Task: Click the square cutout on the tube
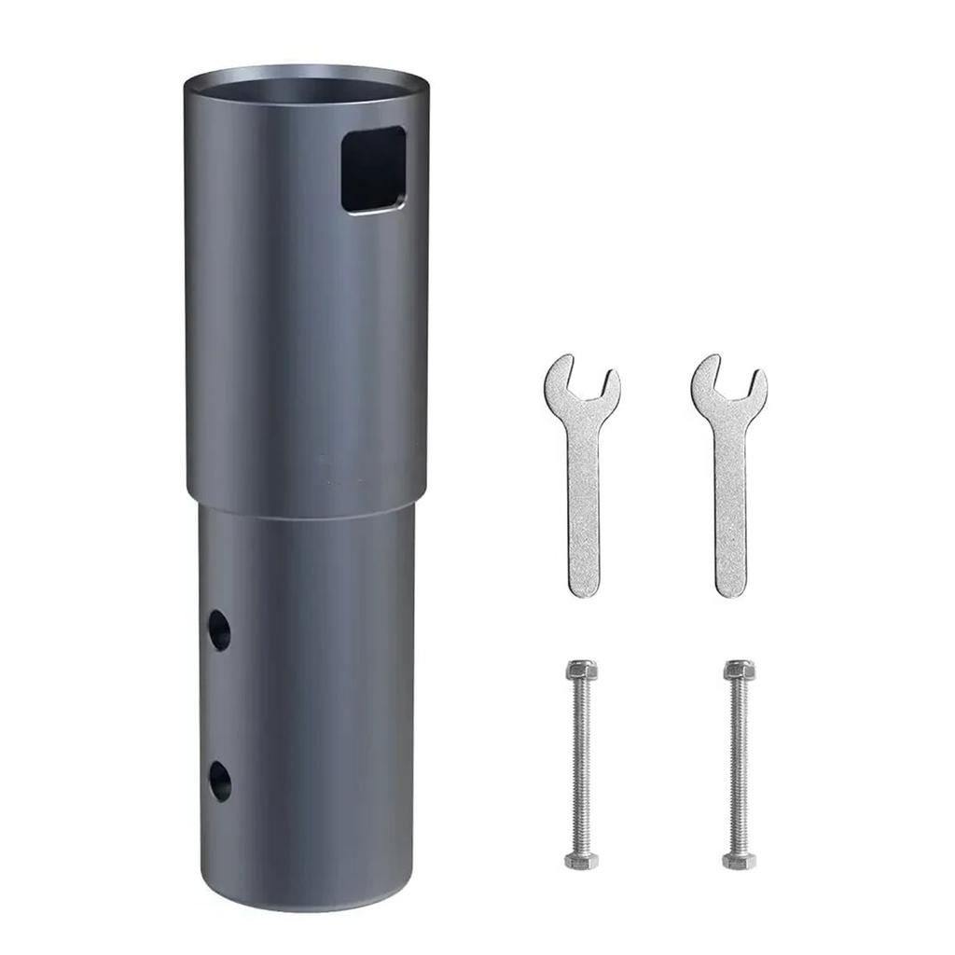tap(374, 169)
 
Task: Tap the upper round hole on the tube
tap(219, 630)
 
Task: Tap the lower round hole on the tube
tap(219, 781)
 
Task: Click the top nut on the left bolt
tap(581, 671)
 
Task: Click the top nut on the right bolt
tap(739, 671)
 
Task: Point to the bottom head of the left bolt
tap(581, 860)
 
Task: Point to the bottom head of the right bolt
tap(739, 860)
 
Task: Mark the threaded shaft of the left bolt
tap(581, 765)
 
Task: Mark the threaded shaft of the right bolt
tap(739, 765)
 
